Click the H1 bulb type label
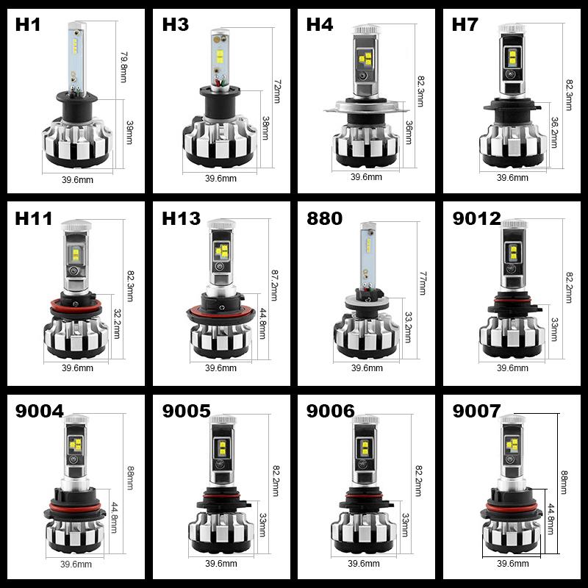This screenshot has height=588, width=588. point(28,24)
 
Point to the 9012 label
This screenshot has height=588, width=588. point(476,218)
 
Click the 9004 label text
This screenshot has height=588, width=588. point(39,411)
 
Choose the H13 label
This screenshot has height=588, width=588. point(181,218)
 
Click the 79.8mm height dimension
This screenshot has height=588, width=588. point(123,66)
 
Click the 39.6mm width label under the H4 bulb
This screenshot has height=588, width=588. point(366,177)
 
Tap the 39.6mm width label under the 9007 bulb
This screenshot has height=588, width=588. point(513,564)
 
